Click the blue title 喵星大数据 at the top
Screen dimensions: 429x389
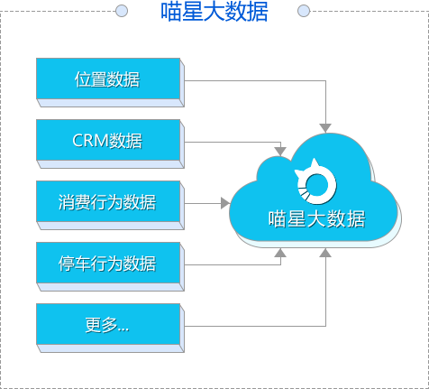pos(214,12)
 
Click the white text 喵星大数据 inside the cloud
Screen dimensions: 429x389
pos(316,218)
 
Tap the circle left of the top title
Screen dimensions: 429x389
pos(122,11)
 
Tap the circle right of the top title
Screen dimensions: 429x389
pos(304,11)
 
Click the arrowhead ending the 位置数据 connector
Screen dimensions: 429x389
pos(325,128)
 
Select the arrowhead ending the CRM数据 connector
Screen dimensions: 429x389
pos(280,152)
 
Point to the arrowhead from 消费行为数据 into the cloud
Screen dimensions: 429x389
pos(225,203)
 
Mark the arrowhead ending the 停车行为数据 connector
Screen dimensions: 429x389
pos(280,253)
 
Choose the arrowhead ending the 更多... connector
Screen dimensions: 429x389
pos(325,253)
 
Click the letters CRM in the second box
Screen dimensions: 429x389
pos(90,141)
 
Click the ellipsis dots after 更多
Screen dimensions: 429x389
pos(123,329)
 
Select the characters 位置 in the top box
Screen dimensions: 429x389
pos(90,79)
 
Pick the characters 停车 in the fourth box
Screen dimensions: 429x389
pos(75,264)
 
